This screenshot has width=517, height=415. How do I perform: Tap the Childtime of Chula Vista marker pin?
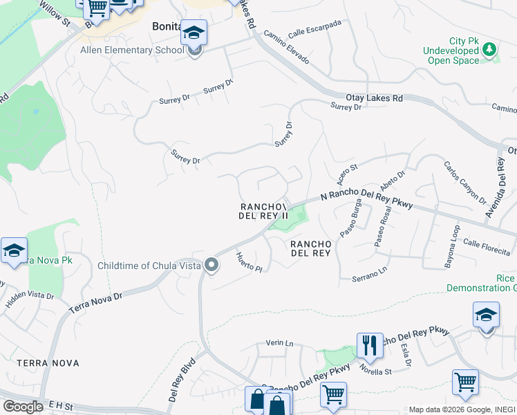pos(211,265)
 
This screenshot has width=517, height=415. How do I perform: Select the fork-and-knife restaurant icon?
pos(370,345)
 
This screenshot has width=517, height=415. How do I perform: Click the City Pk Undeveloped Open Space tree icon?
pos(489,49)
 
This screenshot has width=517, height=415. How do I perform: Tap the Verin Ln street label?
pos(280,343)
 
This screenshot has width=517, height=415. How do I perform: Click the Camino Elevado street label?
pos(286,48)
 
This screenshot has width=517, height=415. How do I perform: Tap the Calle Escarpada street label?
pos(314,28)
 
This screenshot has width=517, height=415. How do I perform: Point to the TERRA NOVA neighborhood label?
pos(48,362)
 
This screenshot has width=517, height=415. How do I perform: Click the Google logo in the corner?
pos(23,407)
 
